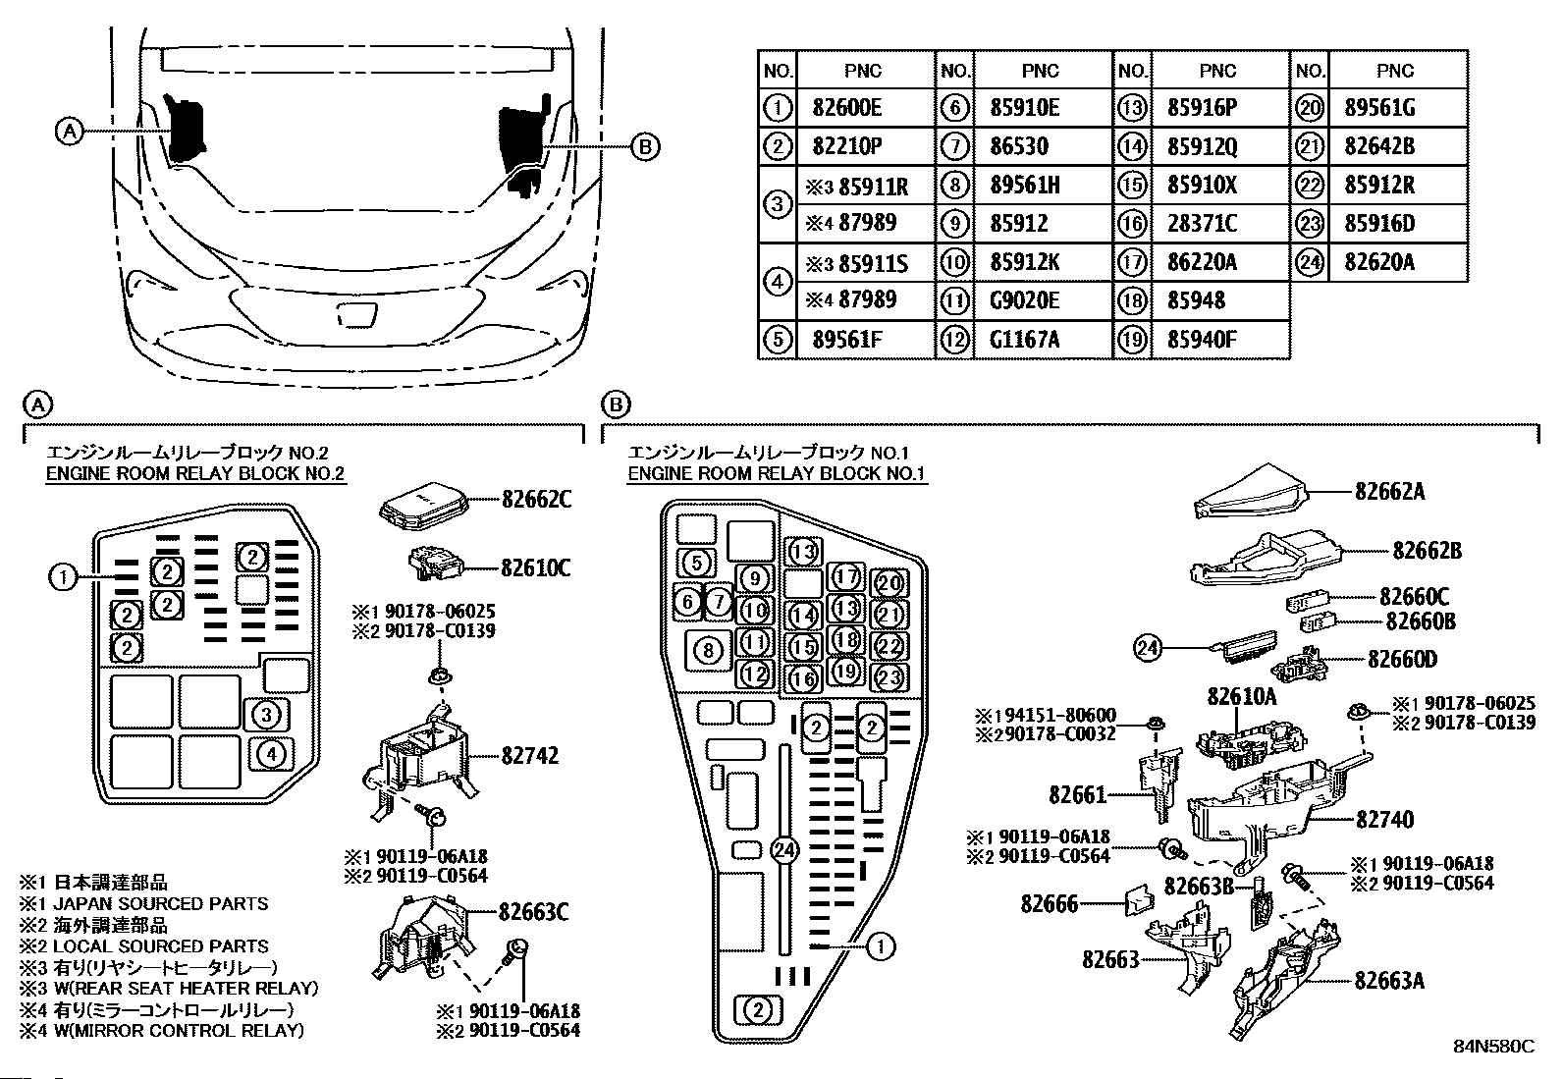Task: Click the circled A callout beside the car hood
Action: (x=69, y=132)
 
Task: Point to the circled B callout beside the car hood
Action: (x=645, y=147)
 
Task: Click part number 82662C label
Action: (x=536, y=500)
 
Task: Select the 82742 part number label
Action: (x=529, y=755)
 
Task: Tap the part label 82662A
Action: (x=1390, y=492)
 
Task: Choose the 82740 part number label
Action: (x=1384, y=820)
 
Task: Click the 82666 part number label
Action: (x=1049, y=904)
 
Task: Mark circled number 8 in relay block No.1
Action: (x=708, y=651)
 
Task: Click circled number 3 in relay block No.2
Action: (x=266, y=715)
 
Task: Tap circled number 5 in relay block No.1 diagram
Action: (x=696, y=562)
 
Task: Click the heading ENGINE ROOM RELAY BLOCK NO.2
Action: (x=195, y=474)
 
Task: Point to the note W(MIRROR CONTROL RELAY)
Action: (x=179, y=1031)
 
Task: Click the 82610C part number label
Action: (x=535, y=568)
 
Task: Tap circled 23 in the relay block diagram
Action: (x=889, y=677)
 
